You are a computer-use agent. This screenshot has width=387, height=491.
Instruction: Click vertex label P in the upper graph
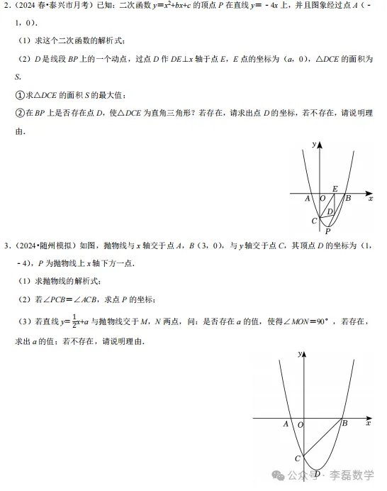pos(327,230)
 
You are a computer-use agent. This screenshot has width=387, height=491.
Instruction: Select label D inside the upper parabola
pos(329,212)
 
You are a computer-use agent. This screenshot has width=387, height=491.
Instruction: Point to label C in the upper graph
pos(313,221)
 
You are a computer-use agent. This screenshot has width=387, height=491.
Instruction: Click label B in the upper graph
pos(348,198)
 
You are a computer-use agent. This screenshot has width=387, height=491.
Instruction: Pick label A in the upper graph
pos(308,199)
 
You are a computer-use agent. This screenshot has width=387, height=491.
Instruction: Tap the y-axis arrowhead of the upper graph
pos(320,144)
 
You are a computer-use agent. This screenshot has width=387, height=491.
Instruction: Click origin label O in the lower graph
pos(301,424)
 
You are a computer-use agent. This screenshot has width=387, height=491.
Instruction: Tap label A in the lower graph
pos(286,424)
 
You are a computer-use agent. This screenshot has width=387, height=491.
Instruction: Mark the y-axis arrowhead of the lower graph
pos(306,353)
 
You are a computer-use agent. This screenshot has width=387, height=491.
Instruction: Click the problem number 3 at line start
pos(6,246)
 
